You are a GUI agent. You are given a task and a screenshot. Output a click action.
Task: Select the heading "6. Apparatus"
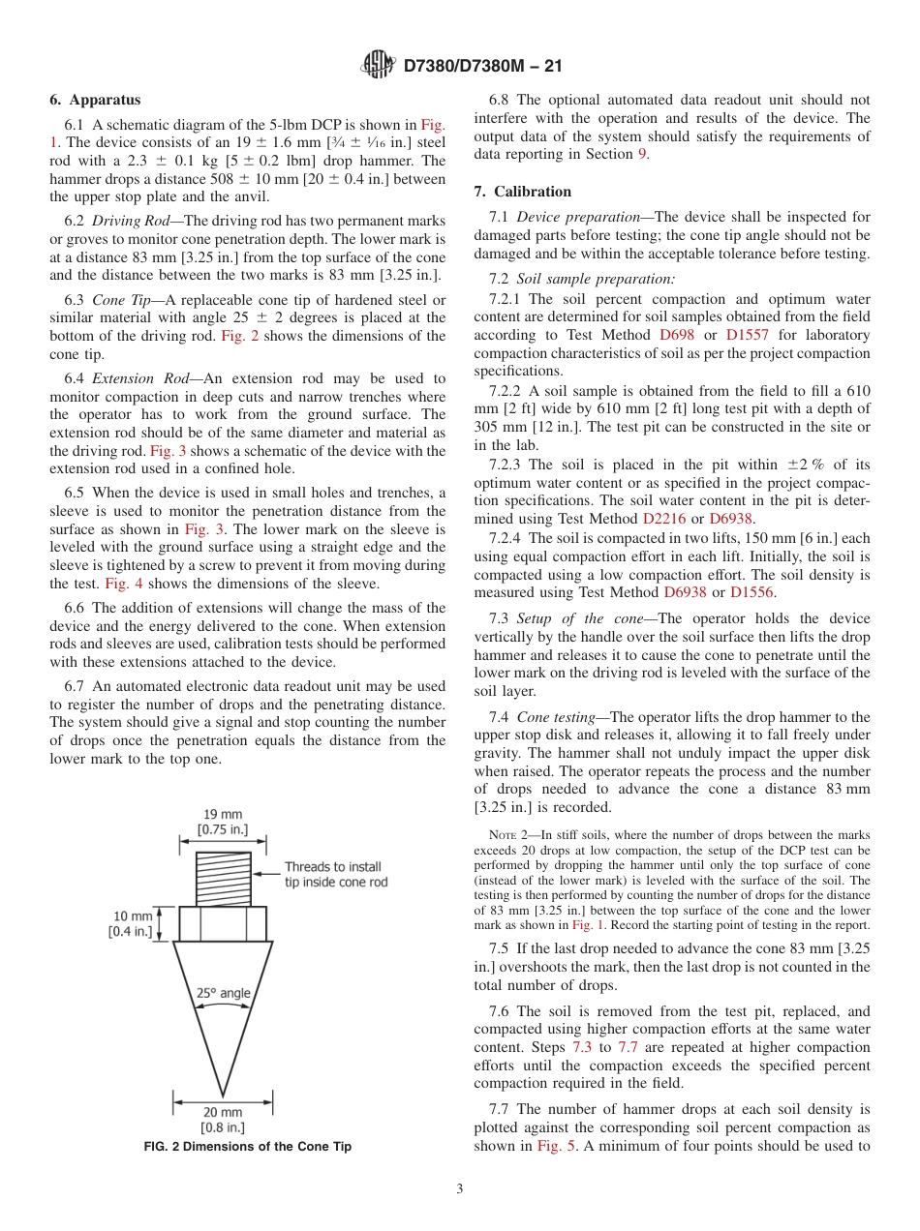pos(95,100)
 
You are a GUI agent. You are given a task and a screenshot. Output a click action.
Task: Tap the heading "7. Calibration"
pos(523,192)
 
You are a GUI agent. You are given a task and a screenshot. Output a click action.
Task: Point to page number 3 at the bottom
pos(459,1188)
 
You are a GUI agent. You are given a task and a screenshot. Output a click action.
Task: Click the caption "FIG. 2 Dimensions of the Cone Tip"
pos(247,1147)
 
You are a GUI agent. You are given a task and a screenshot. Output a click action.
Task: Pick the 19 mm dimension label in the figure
pos(223,822)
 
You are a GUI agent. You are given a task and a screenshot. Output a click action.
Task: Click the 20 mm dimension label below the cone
pos(223,1120)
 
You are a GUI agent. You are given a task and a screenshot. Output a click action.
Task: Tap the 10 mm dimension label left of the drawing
pos(133,923)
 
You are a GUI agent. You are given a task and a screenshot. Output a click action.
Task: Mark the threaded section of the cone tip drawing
pos(223,879)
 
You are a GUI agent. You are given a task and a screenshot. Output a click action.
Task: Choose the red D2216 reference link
pos(663,518)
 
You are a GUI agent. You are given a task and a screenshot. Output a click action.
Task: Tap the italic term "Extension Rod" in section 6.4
pos(138,378)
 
